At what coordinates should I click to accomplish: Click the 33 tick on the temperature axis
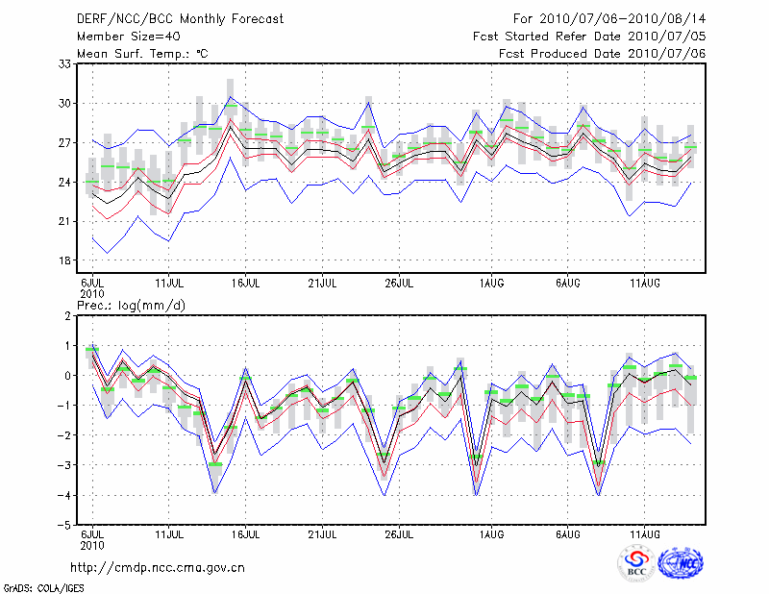click(66, 63)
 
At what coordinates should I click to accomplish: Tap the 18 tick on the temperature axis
click(66, 260)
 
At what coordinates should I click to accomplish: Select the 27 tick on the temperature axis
click(66, 142)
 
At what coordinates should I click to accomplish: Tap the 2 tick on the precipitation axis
click(69, 316)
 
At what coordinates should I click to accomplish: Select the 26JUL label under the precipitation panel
click(399, 533)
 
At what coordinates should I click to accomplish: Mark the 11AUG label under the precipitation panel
click(644, 533)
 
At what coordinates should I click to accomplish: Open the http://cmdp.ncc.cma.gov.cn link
click(159, 567)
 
